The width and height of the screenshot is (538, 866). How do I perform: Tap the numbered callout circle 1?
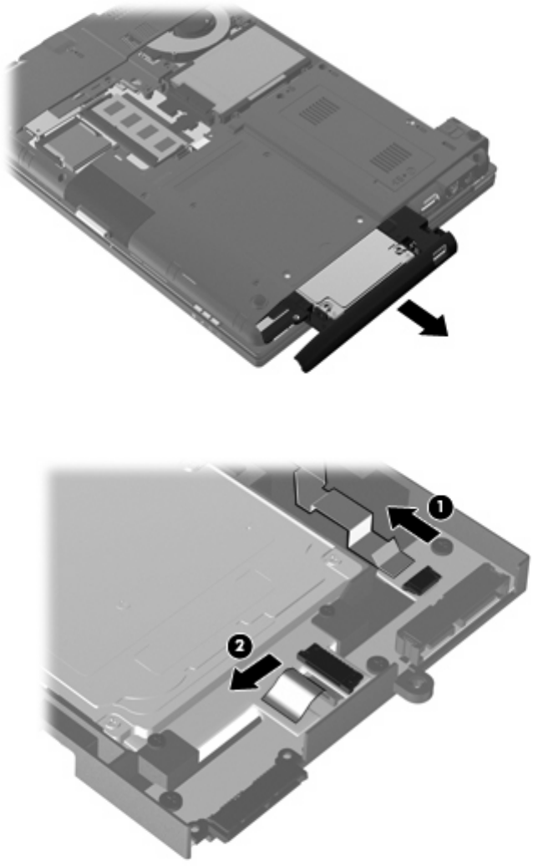coord(441,507)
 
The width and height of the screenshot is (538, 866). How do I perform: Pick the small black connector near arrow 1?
coord(422,578)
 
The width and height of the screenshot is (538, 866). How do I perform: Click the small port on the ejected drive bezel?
coord(439,254)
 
